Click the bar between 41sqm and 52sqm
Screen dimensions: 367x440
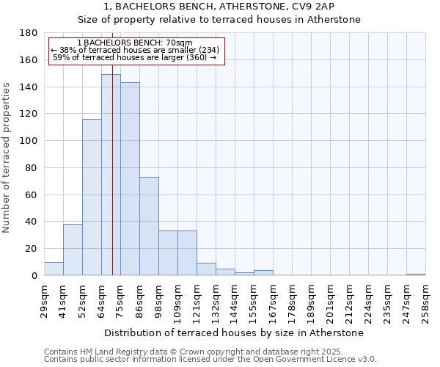tap(73, 250)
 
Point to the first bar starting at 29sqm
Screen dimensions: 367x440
tap(54, 269)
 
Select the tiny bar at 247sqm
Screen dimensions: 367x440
tap(416, 275)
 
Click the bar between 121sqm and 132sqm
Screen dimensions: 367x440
tap(206, 269)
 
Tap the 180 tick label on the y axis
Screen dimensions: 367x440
tap(29, 33)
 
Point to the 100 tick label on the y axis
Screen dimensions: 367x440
tap(29, 141)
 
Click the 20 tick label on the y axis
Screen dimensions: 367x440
tap(32, 249)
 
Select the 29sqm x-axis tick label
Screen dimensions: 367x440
tap(45, 300)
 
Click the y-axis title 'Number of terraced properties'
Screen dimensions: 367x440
tap(7, 157)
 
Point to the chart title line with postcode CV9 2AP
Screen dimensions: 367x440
tap(219, 6)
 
